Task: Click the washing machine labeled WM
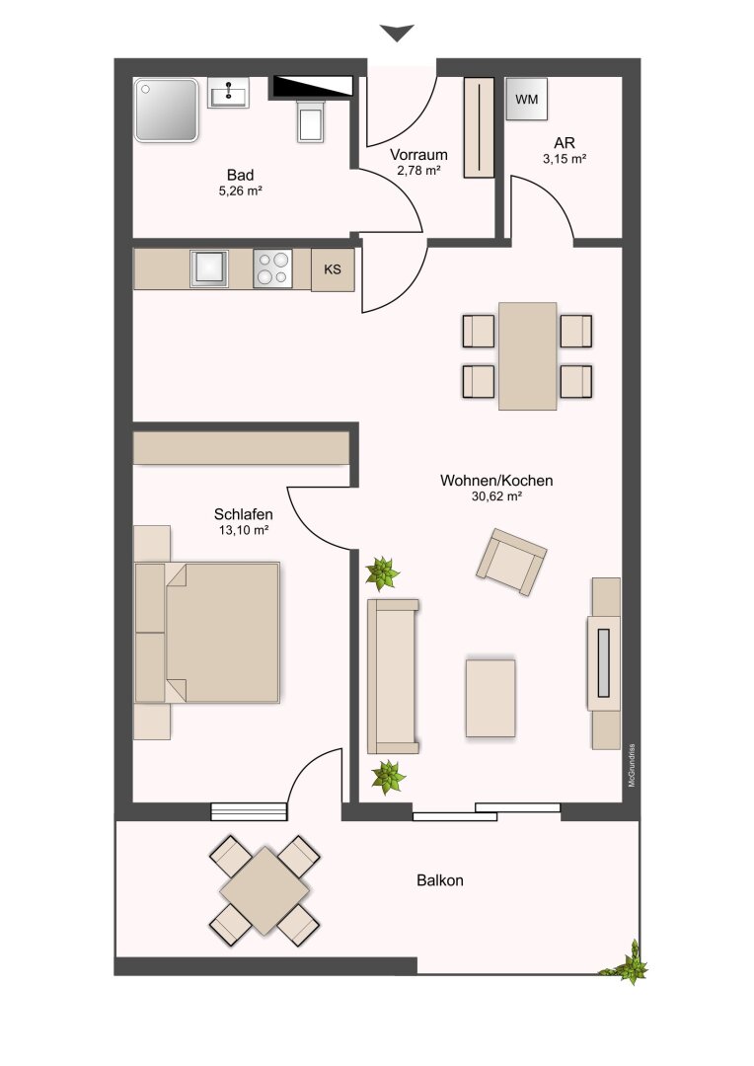coord(526,100)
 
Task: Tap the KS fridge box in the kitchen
coord(333,269)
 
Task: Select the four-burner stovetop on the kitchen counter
coord(272,268)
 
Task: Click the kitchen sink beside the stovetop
coord(208,268)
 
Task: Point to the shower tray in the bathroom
coord(167,111)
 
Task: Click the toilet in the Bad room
coord(311,119)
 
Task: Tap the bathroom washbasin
coord(228,93)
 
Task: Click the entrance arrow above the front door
coord(397,33)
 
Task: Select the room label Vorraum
coord(418,155)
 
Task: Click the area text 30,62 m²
coord(496,496)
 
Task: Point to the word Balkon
coord(440,880)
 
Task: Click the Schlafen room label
coord(244,514)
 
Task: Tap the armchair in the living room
coord(511,562)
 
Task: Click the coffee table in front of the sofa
coord(490,698)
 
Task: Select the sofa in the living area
coord(393,676)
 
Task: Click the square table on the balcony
coord(265,890)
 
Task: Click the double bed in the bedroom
coord(207,633)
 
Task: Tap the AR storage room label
coord(565,143)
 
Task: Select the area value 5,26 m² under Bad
coord(240,191)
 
